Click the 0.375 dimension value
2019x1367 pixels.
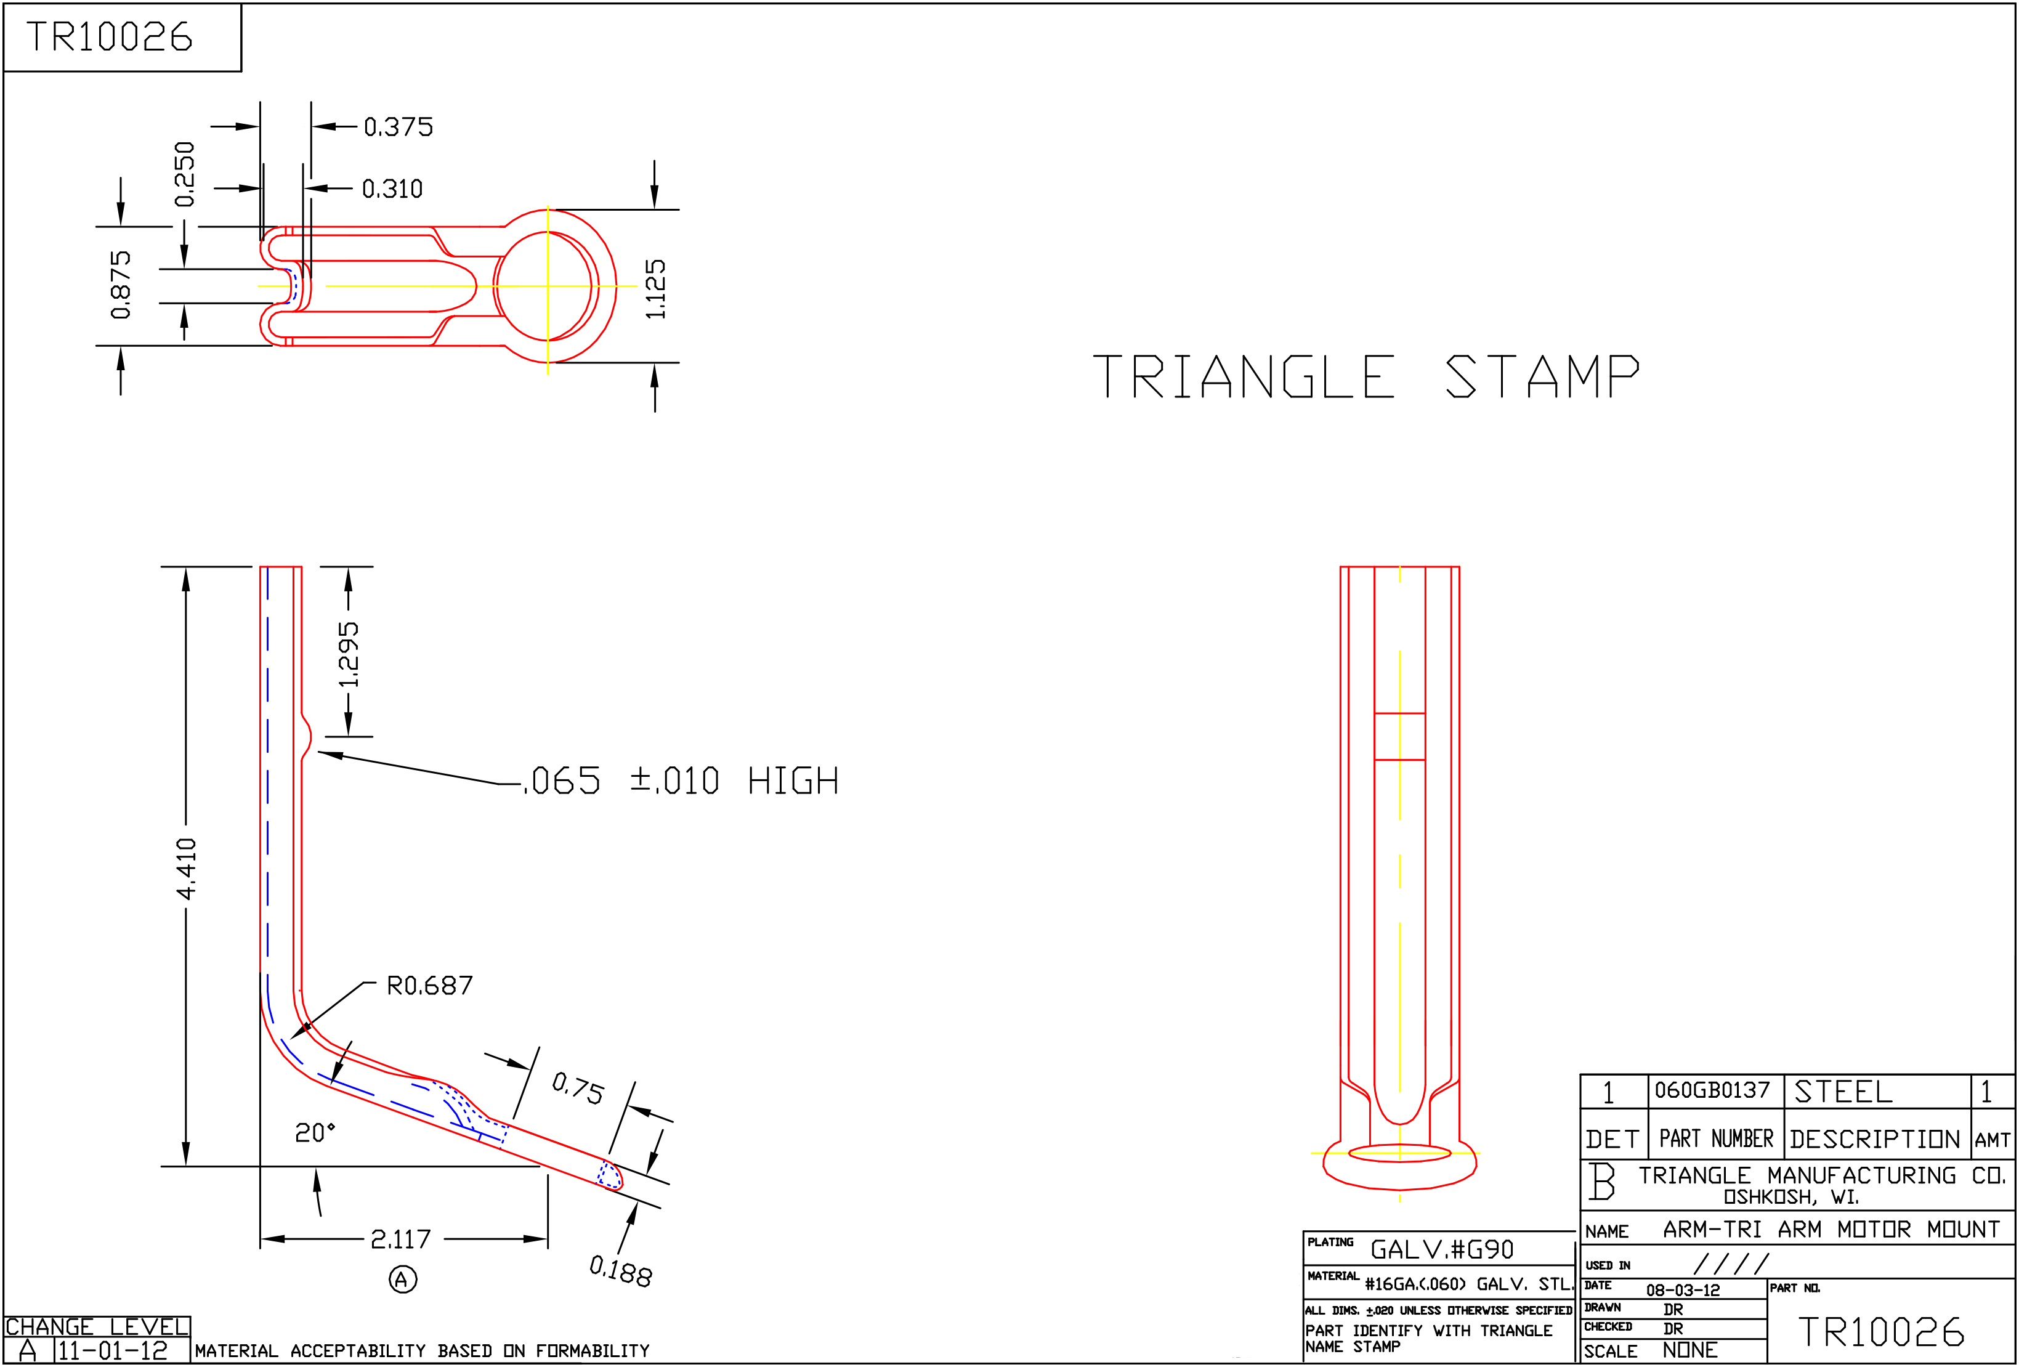tap(398, 127)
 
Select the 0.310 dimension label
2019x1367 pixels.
tap(392, 189)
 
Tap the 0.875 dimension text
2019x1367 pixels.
tap(121, 285)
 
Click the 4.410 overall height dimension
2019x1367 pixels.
tap(187, 869)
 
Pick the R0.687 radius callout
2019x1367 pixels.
tap(430, 986)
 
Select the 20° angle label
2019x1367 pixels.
tap(315, 1132)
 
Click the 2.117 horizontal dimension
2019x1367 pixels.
tap(400, 1239)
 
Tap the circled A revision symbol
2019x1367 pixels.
tap(402, 1280)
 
